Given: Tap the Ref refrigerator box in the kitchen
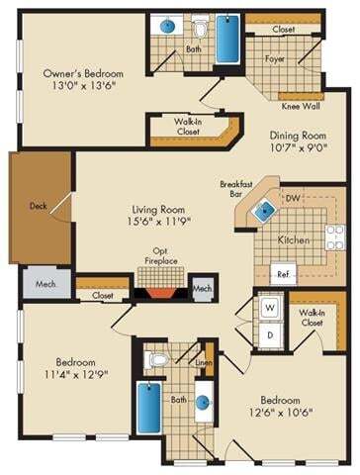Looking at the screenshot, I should tap(282, 272).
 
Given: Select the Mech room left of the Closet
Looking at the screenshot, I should tap(41, 281).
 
